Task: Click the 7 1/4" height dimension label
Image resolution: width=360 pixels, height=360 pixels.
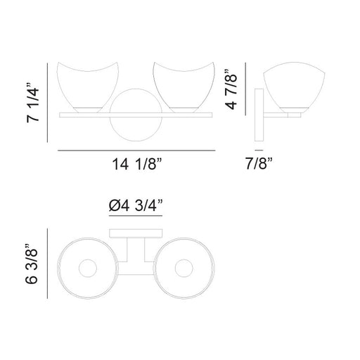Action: click(x=33, y=103)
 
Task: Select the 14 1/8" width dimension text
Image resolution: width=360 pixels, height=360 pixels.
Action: click(x=137, y=164)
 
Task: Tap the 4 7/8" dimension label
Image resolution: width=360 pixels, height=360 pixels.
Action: click(x=231, y=89)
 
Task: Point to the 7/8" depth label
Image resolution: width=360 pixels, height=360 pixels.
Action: click(x=259, y=163)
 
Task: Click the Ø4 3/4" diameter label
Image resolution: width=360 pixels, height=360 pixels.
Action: click(x=136, y=205)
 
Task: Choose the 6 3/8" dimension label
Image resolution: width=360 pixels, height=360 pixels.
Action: click(x=32, y=264)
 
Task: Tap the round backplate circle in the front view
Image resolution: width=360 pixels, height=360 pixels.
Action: click(x=136, y=141)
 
